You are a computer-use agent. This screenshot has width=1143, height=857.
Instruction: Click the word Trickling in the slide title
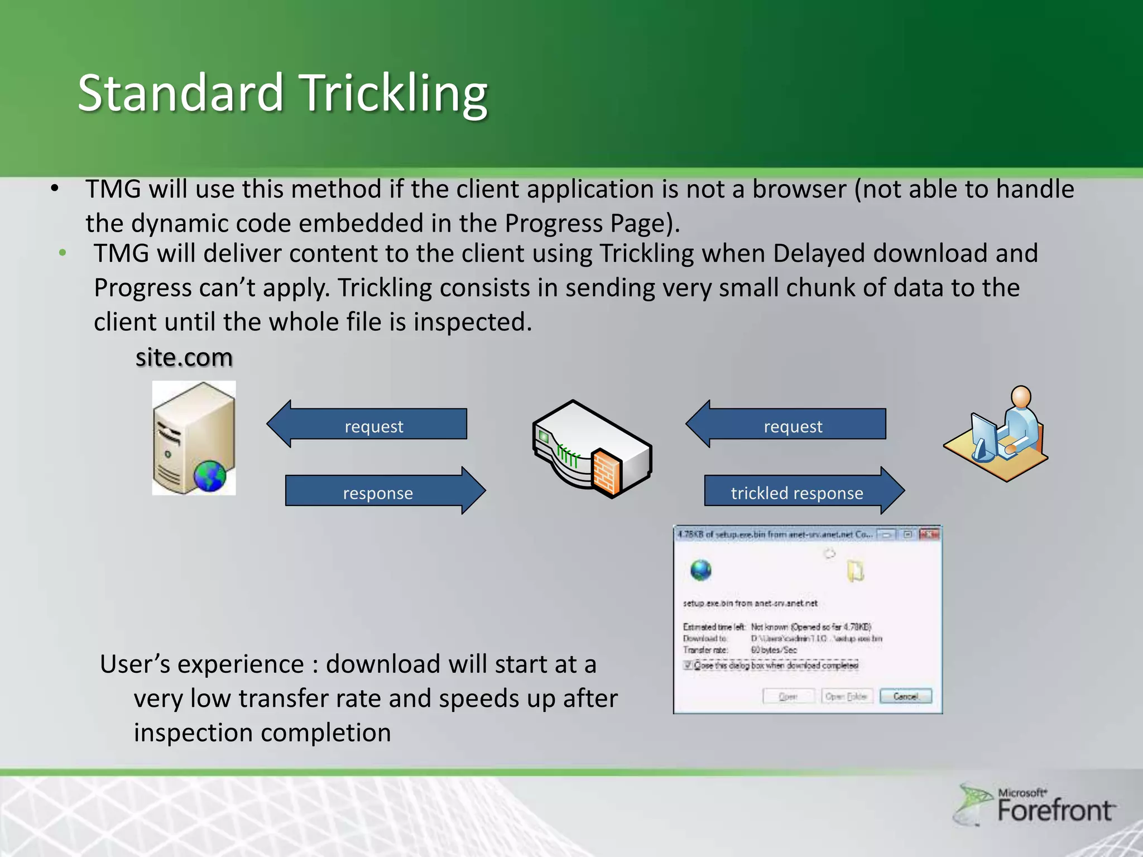point(394,94)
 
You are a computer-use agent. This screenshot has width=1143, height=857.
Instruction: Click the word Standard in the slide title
point(180,94)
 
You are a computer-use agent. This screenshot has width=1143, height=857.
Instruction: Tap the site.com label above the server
point(184,358)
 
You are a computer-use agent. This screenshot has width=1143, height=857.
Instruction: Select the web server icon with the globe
point(194,438)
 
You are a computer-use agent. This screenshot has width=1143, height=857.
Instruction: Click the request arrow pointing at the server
point(368,425)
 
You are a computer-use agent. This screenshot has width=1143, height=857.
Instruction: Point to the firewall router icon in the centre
point(592,449)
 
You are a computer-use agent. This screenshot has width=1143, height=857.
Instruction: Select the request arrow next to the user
point(787,425)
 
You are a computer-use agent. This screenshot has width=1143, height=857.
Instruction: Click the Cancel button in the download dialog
point(905,696)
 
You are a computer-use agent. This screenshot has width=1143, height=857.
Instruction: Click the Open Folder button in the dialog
point(846,696)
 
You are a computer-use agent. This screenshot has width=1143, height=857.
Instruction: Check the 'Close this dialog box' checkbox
point(688,665)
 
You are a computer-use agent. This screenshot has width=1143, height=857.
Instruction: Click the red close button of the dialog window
point(929,535)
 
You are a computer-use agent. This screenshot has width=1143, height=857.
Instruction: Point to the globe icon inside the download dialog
point(701,570)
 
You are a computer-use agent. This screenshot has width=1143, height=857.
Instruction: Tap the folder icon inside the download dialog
point(856,571)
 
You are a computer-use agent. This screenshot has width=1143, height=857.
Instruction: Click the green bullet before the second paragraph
point(63,253)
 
